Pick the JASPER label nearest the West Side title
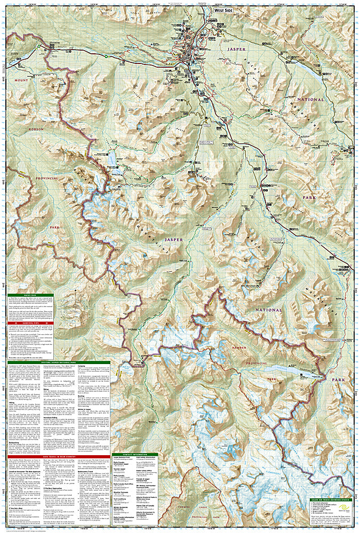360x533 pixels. click(237, 49)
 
